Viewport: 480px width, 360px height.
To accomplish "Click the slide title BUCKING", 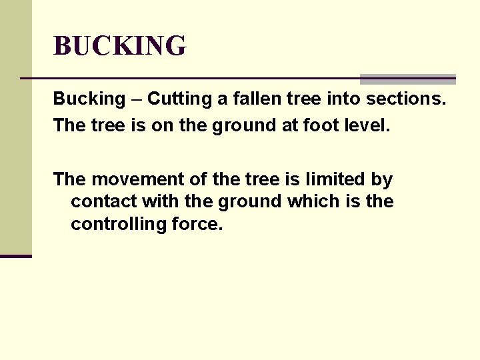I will coord(120,46).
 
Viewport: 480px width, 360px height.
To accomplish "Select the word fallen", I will coord(247,99).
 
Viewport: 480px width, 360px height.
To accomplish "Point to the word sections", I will coord(406,99).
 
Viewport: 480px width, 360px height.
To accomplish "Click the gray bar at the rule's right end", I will coord(407,79).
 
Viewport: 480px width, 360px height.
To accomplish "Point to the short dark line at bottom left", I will coord(16,256).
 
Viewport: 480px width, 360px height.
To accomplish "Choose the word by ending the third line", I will coord(383,180).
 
